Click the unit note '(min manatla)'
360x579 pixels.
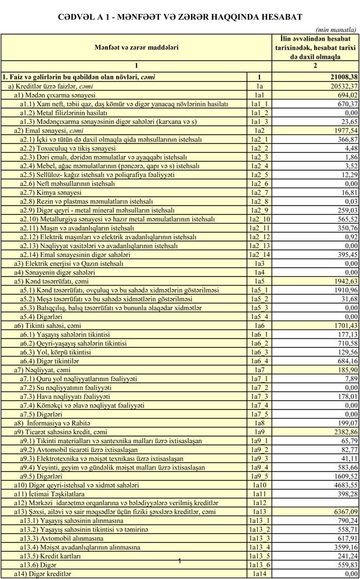pos(336,28)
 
